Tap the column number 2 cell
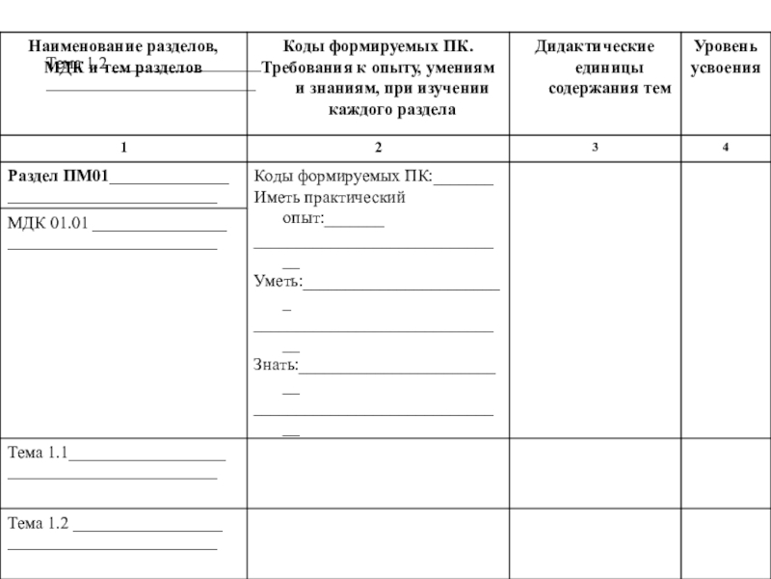[378, 146]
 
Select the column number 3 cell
[596, 146]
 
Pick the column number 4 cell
[725, 146]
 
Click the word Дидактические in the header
[596, 46]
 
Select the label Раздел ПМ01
[58, 176]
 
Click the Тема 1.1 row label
[38, 451]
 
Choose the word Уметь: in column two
[278, 283]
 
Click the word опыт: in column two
[303, 220]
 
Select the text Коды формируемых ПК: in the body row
[343, 176]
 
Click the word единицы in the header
[596, 69]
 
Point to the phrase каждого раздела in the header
[378, 111]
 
